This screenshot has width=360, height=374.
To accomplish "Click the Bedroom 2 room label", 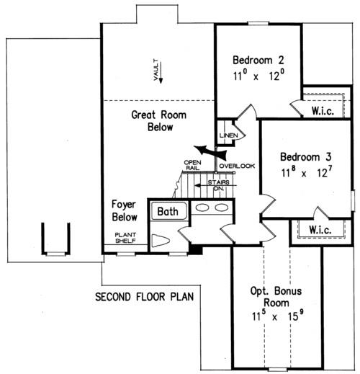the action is click(258, 60).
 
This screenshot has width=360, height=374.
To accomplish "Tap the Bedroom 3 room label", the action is click(306, 157).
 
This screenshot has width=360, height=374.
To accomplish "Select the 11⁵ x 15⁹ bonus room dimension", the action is click(278, 315).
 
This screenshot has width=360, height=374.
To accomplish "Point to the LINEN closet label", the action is click(229, 135).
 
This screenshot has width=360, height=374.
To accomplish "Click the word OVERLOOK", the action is click(237, 166).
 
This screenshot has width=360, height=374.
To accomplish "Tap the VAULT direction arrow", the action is click(161, 73).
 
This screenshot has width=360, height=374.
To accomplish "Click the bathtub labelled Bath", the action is click(169, 211).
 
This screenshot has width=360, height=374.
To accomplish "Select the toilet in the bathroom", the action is click(161, 241).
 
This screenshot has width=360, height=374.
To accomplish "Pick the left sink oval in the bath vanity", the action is click(202, 208).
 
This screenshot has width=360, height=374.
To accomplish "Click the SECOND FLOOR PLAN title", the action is click(145, 297).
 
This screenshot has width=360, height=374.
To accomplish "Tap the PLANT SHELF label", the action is click(125, 238).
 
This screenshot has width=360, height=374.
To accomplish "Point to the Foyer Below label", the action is click(125, 210).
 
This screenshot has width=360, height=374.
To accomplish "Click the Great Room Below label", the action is click(159, 121).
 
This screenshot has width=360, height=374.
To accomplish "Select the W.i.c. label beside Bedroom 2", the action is click(323, 111).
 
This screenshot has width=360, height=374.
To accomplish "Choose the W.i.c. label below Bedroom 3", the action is click(320, 230).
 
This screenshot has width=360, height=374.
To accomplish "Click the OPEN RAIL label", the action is click(192, 165).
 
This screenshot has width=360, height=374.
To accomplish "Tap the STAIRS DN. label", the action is click(219, 185).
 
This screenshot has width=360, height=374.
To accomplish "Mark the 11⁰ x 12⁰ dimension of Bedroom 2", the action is click(258, 76).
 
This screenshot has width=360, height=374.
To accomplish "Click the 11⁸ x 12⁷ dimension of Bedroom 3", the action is click(307, 172).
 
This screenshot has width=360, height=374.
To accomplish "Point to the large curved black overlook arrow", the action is click(210, 151).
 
